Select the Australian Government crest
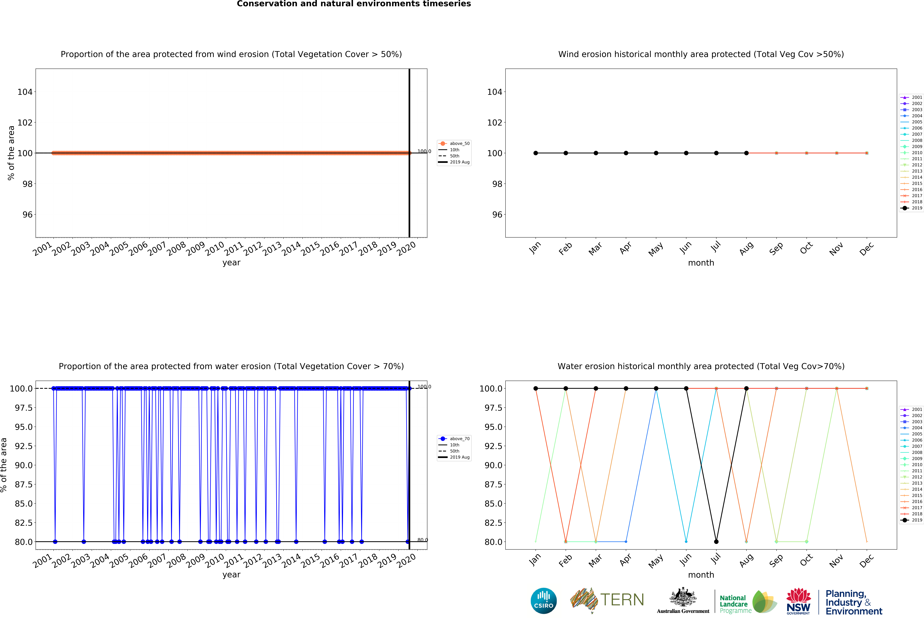(683, 597)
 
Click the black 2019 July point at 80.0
(716, 541)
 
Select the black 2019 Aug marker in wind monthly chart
(746, 153)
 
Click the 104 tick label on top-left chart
(25, 92)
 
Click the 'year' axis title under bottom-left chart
(231, 575)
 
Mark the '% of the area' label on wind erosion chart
(11, 153)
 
